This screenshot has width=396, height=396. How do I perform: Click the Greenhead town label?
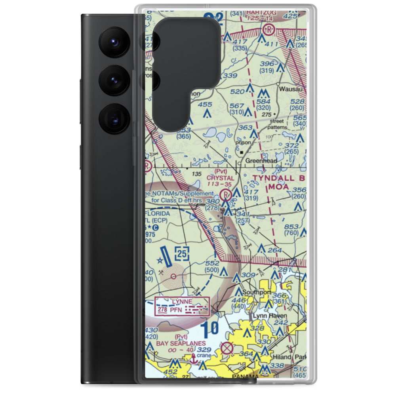(x=261, y=161)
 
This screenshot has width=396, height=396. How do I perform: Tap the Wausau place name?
(x=293, y=89)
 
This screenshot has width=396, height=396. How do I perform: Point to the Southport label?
(x=257, y=292)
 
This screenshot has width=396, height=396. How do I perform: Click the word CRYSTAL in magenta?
(x=221, y=178)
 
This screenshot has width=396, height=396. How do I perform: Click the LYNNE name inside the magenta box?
(x=181, y=302)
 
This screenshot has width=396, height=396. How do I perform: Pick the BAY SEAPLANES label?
(x=181, y=343)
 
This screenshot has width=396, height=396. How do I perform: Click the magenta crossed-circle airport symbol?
(x=227, y=348)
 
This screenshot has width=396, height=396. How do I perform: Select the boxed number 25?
(x=182, y=253)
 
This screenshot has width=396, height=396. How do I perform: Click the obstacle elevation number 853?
(x=291, y=226)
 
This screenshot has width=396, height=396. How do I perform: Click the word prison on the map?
(x=244, y=143)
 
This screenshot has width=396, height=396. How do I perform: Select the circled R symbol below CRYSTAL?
(x=226, y=194)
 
